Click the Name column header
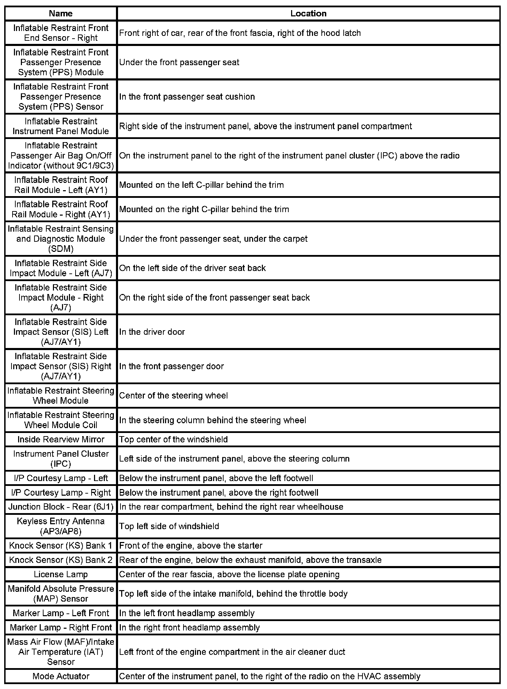click(x=61, y=14)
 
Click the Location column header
click(x=308, y=14)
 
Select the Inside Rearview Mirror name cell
click(x=61, y=439)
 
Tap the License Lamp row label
click(x=61, y=574)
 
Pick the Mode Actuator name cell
click(x=61, y=676)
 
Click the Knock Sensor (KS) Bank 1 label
click(x=61, y=545)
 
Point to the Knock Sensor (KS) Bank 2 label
click(x=61, y=560)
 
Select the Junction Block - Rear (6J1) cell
click(x=61, y=507)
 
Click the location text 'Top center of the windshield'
click(x=173, y=439)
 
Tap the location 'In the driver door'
click(x=152, y=332)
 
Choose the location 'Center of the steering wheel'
click(x=173, y=396)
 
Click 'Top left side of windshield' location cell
click(x=169, y=526)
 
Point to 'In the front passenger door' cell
click(x=171, y=366)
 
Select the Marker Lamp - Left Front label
click(x=61, y=613)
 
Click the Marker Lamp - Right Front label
click(x=61, y=627)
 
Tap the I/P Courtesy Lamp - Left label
click(x=61, y=478)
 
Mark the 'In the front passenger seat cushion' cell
click(x=187, y=97)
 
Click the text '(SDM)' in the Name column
click(x=61, y=249)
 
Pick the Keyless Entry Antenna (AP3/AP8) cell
click(x=61, y=526)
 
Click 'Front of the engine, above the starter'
click(x=191, y=545)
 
